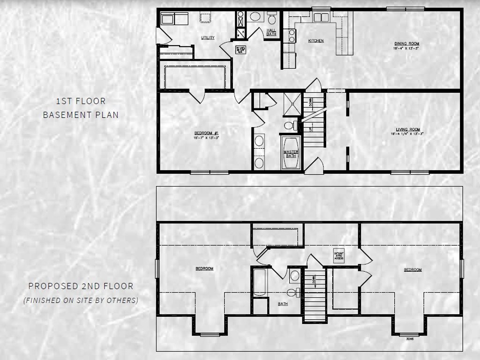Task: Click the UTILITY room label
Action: click(x=208, y=37)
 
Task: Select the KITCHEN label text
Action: click(x=315, y=41)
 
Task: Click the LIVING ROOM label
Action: click(x=405, y=129)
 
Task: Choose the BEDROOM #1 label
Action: click(x=206, y=133)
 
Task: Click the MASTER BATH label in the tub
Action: click(x=291, y=154)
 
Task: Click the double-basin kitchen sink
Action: click(x=322, y=17)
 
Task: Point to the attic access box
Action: click(x=339, y=256)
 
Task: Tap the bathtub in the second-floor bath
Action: click(x=259, y=283)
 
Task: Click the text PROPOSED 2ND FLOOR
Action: click(x=81, y=285)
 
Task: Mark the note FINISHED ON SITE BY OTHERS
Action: click(x=81, y=300)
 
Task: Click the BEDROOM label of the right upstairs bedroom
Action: click(x=412, y=270)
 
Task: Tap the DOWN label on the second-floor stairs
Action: click(x=313, y=282)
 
